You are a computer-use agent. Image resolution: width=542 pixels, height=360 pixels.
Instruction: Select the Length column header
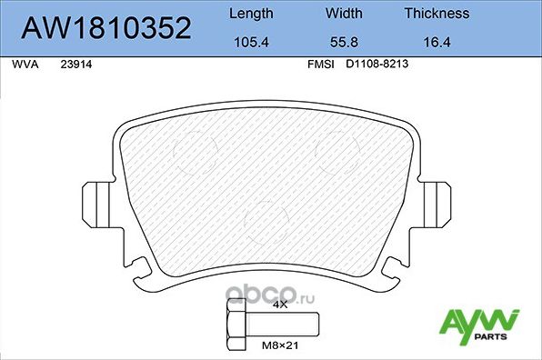click(248, 14)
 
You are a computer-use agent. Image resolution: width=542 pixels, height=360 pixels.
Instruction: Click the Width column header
click(344, 14)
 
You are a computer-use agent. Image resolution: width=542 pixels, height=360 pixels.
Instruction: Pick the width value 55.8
click(344, 42)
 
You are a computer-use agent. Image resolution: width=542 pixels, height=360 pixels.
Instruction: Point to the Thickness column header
click(437, 14)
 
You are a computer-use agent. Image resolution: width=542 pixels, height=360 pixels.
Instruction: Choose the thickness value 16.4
click(437, 42)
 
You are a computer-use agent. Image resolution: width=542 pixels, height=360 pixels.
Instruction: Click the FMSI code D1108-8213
click(377, 65)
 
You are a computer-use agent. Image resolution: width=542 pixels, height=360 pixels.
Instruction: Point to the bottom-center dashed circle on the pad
click(268, 222)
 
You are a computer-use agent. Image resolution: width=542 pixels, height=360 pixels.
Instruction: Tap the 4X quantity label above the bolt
click(280, 305)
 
